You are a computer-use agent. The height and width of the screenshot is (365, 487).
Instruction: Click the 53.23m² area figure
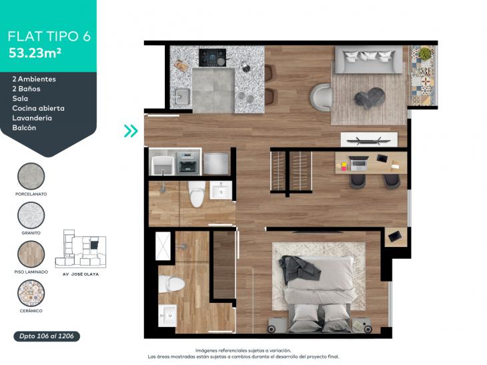35,53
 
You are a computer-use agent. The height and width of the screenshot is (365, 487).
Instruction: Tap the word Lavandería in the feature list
32,118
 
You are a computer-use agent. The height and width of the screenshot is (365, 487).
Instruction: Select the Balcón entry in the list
24,127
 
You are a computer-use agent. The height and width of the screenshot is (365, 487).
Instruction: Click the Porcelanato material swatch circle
31,176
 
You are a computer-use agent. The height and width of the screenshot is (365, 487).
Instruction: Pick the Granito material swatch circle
31,216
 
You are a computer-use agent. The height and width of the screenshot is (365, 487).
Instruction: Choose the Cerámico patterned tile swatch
31,293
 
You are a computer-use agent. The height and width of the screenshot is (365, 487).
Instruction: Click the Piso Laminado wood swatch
31,254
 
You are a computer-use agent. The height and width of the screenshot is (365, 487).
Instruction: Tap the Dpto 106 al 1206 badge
47,336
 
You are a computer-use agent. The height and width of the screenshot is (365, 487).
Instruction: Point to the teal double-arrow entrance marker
131,131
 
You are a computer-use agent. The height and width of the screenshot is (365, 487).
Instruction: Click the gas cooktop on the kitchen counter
212,57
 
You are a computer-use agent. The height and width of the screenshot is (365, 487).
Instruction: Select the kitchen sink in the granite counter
182,96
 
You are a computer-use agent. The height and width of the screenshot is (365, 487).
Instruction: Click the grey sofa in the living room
368,59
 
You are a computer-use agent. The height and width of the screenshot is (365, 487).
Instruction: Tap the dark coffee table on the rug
370,98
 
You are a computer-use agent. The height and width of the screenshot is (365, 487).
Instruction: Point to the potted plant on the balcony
424,53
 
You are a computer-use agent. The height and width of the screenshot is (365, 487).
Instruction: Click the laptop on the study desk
358,163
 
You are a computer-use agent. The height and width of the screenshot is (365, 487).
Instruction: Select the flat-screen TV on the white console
369,140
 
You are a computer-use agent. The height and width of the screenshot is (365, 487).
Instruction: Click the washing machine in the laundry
189,162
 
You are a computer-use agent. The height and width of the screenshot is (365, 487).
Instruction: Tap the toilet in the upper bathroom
197,194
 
